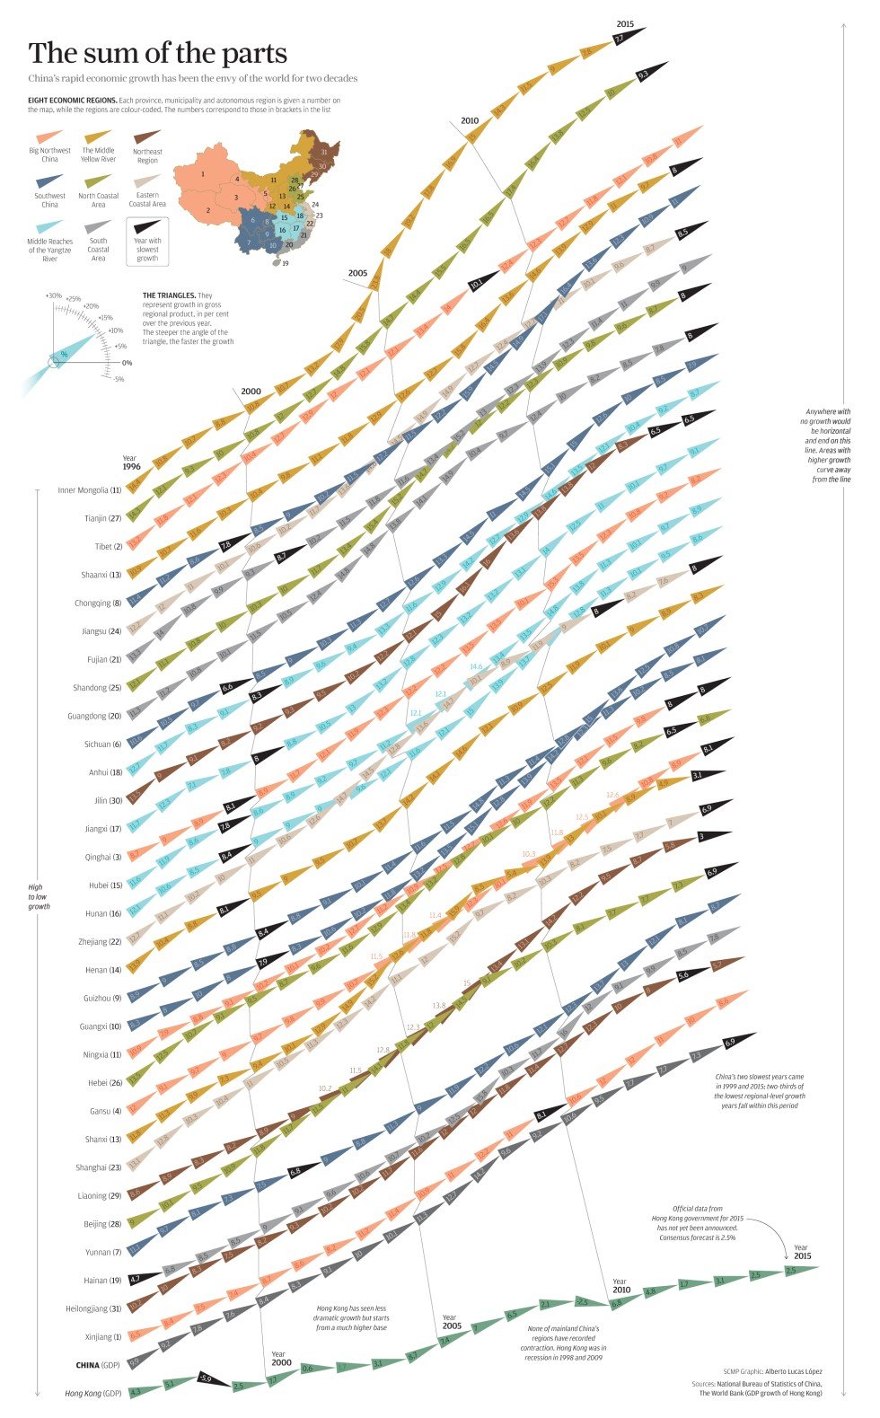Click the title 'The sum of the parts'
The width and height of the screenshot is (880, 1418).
tap(158, 53)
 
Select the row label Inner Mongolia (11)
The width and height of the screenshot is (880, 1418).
tap(89, 490)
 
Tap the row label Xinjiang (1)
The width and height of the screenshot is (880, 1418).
tap(103, 1336)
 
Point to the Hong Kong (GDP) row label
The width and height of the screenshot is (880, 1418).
tap(92, 1393)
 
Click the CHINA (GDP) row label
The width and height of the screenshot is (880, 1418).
tap(98, 1365)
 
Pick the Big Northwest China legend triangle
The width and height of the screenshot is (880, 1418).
tap(50, 137)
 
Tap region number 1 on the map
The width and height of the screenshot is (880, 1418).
tap(204, 172)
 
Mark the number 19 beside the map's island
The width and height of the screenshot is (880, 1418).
tap(286, 264)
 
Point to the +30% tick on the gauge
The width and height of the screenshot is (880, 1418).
tap(54, 295)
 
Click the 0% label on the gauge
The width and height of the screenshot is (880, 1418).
tap(127, 363)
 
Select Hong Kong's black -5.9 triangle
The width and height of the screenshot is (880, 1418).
tap(206, 1378)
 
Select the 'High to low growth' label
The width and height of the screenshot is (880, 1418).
tap(39, 896)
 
